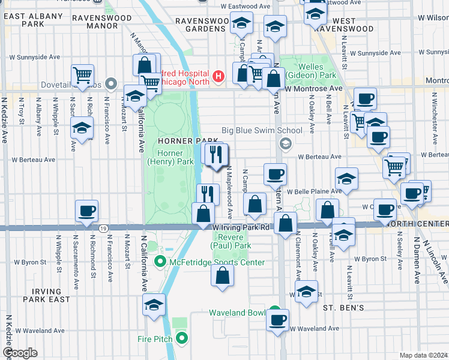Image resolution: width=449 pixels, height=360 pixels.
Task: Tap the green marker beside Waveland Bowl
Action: [274, 311]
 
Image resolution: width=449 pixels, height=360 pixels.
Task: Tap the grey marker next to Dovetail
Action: [110, 83]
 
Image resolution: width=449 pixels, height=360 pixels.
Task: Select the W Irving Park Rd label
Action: [241, 228]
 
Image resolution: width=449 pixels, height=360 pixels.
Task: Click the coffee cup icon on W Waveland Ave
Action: [277, 320]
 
